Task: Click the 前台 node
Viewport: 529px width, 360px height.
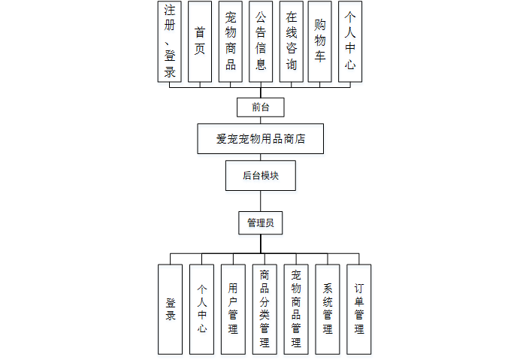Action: click(x=260, y=107)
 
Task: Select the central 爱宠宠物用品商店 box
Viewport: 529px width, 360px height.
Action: click(x=260, y=139)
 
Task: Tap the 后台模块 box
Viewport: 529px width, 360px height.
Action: click(x=260, y=176)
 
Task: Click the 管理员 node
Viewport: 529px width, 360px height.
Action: click(x=260, y=223)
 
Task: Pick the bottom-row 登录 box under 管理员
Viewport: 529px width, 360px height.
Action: click(x=170, y=309)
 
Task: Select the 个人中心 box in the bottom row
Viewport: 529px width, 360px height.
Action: click(x=201, y=309)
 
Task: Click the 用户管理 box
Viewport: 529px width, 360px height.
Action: click(x=233, y=309)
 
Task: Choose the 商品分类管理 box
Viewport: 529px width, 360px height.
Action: click(x=264, y=309)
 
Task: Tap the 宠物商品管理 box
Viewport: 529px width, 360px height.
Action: click(x=296, y=309)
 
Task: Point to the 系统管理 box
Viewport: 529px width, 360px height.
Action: click(x=328, y=309)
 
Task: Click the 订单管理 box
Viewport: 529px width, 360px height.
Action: click(x=359, y=309)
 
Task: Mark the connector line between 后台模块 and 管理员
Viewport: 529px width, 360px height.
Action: click(x=260, y=201)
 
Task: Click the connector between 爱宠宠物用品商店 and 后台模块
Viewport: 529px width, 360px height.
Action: click(x=260, y=157)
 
